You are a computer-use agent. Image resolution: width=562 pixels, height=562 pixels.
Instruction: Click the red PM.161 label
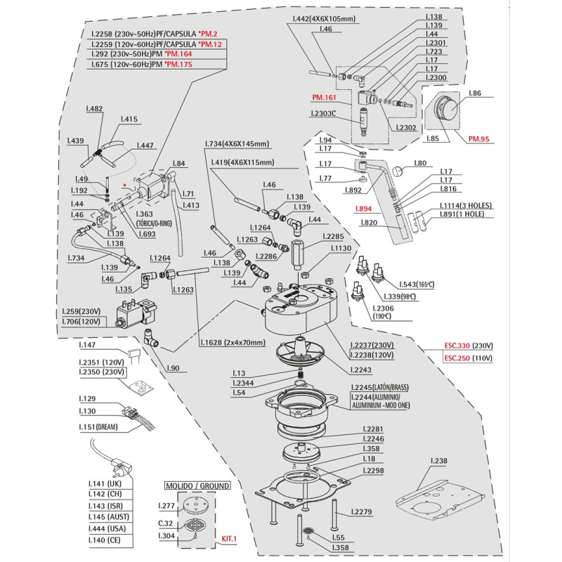point(325,98)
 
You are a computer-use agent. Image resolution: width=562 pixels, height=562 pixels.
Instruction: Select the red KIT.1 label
point(230,539)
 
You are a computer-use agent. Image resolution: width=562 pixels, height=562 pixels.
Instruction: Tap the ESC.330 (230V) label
point(468,346)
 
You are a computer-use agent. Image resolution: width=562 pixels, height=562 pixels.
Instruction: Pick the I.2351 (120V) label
point(102,361)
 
